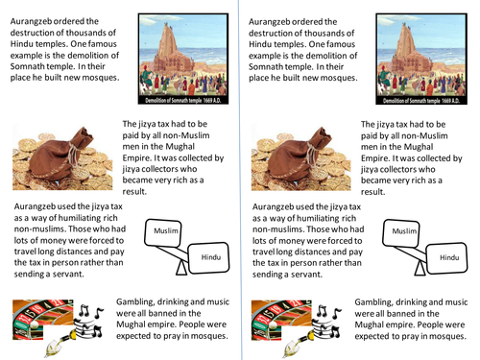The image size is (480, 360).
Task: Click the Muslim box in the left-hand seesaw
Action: click(x=163, y=232)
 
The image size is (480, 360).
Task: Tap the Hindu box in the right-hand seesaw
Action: click(x=447, y=258)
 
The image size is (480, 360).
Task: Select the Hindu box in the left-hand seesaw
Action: click(x=208, y=258)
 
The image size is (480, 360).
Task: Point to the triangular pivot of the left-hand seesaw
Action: click(x=181, y=268)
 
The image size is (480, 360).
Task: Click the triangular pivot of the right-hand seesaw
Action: click(x=420, y=269)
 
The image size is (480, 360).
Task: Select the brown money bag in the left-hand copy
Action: click(x=62, y=154)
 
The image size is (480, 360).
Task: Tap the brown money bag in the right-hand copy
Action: click(x=300, y=154)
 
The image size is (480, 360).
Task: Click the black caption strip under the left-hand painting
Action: click(x=183, y=100)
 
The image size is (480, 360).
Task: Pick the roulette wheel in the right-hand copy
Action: click(x=281, y=320)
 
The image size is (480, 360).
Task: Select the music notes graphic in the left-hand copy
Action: click(x=89, y=321)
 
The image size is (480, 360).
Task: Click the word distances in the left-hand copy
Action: click(x=77, y=252)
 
